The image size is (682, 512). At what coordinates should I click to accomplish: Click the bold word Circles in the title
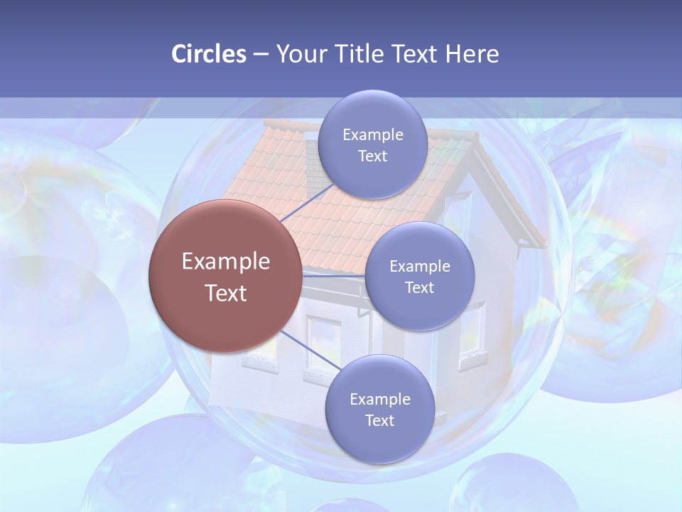[208, 54]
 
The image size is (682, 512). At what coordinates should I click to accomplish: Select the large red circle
[224, 276]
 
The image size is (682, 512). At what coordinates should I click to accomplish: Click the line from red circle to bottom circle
[309, 350]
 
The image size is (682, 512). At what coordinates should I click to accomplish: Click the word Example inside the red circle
[226, 261]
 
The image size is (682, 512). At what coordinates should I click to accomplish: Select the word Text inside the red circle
[226, 293]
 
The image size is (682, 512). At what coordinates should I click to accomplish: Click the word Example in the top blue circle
[372, 134]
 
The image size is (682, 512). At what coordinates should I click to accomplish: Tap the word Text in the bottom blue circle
[379, 420]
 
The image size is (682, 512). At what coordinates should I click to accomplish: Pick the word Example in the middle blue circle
[419, 266]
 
